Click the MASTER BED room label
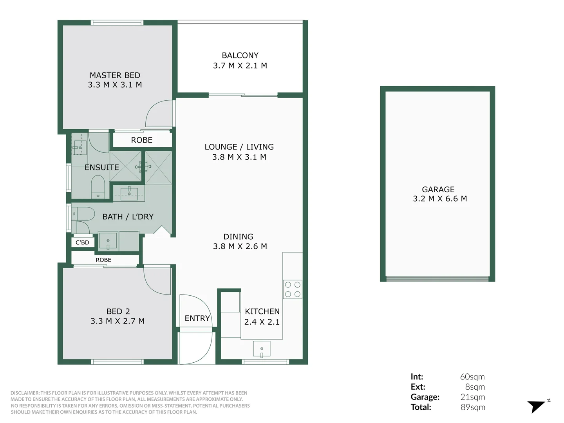[115, 75]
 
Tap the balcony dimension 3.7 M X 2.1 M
[240, 66]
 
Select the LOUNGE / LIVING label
[239, 147]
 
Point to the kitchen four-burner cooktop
[293, 289]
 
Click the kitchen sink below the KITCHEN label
[262, 349]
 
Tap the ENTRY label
[197, 318]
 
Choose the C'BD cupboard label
[82, 242]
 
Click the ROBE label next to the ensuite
[141, 140]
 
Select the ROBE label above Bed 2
[103, 260]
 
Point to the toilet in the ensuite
[98, 186]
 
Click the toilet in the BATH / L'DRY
[84, 214]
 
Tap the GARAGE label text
[438, 189]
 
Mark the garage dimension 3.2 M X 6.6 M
[439, 199]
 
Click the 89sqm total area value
[473, 407]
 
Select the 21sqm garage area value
[473, 397]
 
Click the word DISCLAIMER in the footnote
[25, 393]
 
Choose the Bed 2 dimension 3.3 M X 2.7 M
[117, 321]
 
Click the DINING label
[238, 237]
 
